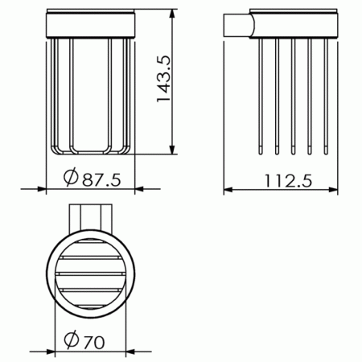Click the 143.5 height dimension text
tap(163, 79)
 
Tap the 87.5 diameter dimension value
tap(101, 179)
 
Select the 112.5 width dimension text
tap(289, 181)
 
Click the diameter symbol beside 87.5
tap(71, 177)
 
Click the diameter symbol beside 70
tap(72, 339)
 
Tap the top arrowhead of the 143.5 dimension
tap(172, 14)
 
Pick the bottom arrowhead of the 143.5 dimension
tap(172, 150)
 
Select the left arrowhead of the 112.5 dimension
tap(228, 190)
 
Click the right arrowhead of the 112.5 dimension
tap(333, 190)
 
